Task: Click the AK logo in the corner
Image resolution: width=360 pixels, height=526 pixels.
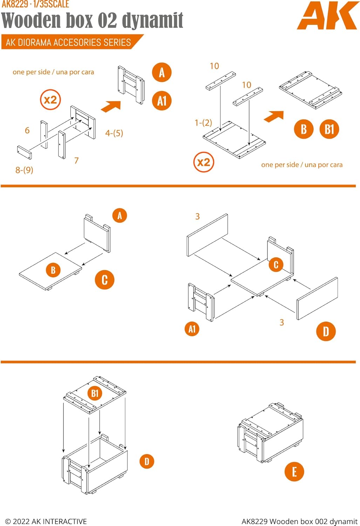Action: tap(327, 16)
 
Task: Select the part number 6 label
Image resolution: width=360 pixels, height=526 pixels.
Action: tap(27, 130)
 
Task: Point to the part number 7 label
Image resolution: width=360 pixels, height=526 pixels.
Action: tap(76, 161)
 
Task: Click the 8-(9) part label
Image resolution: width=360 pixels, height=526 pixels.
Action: tap(24, 170)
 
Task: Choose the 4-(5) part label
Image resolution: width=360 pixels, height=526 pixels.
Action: tap(114, 133)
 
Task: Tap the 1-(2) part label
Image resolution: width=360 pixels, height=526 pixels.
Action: tap(203, 123)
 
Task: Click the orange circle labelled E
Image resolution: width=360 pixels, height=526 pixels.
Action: tap(294, 472)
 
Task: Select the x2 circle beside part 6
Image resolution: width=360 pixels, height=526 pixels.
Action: tap(50, 100)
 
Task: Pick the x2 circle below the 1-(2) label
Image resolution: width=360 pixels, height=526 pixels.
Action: tap(204, 162)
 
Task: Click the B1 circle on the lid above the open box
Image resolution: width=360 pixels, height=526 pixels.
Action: tap(95, 393)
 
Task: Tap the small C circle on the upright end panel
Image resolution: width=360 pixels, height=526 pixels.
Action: tap(276, 265)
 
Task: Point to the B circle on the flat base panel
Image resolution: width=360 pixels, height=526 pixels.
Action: tap(53, 270)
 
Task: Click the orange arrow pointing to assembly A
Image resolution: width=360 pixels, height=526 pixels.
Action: tap(111, 106)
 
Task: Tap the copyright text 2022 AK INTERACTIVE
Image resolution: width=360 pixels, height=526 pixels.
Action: tap(46, 521)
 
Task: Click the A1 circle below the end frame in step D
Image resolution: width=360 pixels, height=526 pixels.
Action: tap(192, 329)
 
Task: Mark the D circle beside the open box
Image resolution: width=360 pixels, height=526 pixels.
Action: tap(147, 461)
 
